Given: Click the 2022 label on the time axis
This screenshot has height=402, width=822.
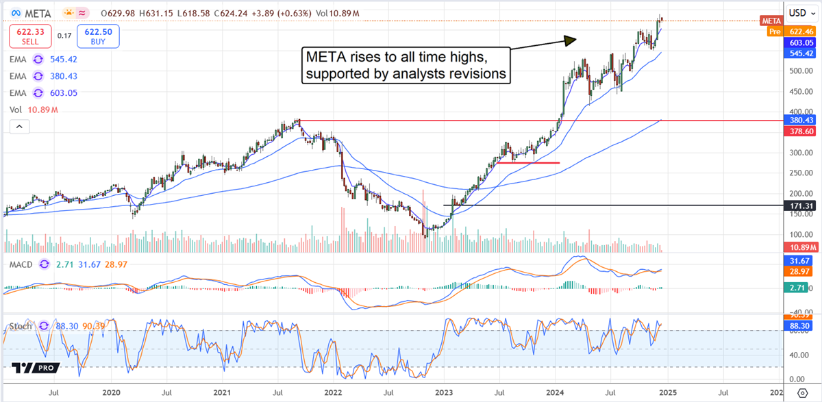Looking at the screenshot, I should pos(332,393).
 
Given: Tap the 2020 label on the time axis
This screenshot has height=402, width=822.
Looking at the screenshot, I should pos(112,393).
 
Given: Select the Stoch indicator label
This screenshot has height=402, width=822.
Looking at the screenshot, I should pos(18,325).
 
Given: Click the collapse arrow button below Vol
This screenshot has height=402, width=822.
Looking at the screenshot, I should pos(19,126).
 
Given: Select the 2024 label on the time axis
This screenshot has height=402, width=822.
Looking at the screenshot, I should pos(555,393).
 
